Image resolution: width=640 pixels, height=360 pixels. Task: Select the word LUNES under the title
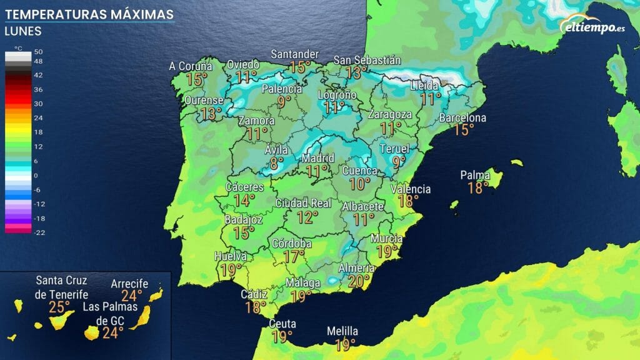pos(23,31)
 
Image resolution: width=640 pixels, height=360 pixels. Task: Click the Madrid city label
pos(318,158)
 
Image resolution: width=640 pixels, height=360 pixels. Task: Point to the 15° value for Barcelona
pos(464,129)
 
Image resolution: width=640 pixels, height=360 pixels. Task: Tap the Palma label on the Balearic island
pos(475,175)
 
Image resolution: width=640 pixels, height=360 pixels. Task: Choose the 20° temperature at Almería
pos(359,281)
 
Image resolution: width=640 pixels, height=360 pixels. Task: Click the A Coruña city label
pos(191,66)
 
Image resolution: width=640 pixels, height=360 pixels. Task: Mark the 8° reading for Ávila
pos(277,164)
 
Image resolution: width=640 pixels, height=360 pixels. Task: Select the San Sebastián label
pos(367,60)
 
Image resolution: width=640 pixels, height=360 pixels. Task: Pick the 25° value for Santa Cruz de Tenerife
pos(59,307)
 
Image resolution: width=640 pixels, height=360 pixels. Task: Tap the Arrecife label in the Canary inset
pos(129,284)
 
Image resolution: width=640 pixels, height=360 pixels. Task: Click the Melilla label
pos(342,331)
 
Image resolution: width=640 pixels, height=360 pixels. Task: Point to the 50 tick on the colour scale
pos(38,51)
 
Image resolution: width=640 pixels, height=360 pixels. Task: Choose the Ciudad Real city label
pos(303,203)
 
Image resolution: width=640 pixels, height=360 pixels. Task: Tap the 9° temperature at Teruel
pos(399,161)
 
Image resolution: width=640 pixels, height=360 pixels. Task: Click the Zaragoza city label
pos(390,115)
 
